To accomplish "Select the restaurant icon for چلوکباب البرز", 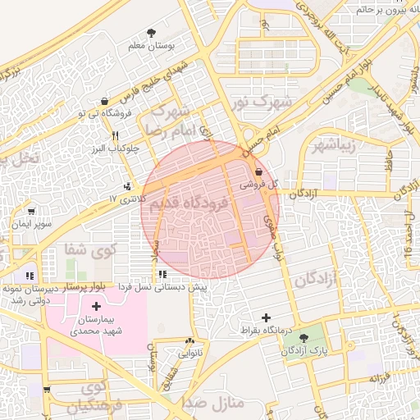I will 116,136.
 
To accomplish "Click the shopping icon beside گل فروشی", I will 260,172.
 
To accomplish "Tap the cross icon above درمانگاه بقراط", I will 266,317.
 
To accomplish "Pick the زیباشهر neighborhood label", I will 332,147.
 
